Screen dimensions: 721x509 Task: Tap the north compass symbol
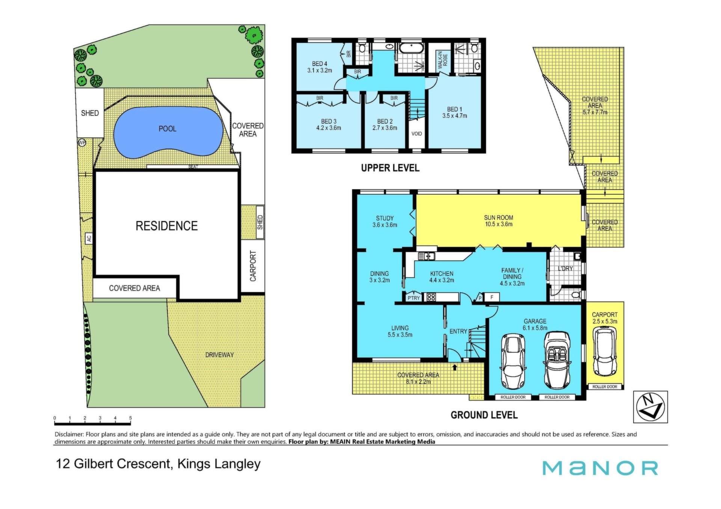(650, 407)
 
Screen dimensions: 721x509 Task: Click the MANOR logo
(600, 468)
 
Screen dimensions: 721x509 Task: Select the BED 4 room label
(320, 64)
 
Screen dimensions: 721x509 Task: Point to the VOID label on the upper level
(417, 134)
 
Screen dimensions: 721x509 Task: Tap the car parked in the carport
(605, 351)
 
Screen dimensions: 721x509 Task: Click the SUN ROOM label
(498, 218)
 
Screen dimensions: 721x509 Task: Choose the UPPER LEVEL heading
(390, 168)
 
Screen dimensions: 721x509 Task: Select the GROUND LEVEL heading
(484, 415)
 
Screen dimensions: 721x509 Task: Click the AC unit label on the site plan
(89, 238)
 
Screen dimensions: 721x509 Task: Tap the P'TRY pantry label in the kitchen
(413, 298)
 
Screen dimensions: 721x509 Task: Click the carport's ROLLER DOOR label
(605, 387)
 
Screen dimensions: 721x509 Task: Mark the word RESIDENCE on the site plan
(167, 226)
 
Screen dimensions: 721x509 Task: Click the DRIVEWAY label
(219, 355)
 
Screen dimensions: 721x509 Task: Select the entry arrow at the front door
(455, 367)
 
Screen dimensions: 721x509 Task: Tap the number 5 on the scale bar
(130, 418)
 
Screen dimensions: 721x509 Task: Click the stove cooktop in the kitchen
(430, 297)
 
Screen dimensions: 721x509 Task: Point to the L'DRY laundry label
(565, 269)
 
